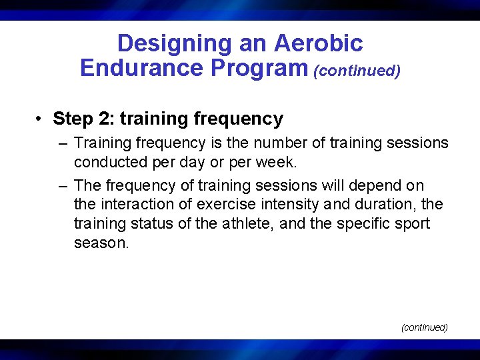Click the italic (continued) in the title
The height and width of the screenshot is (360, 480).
point(357,71)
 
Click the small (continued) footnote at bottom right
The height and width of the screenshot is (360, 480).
point(424,327)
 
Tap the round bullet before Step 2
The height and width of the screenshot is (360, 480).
point(41,119)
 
